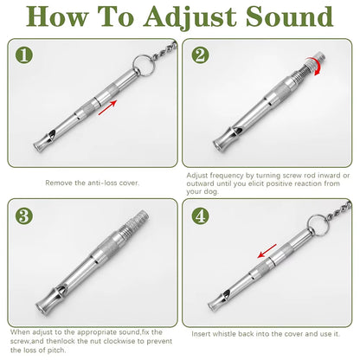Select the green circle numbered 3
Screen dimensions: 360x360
25,216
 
